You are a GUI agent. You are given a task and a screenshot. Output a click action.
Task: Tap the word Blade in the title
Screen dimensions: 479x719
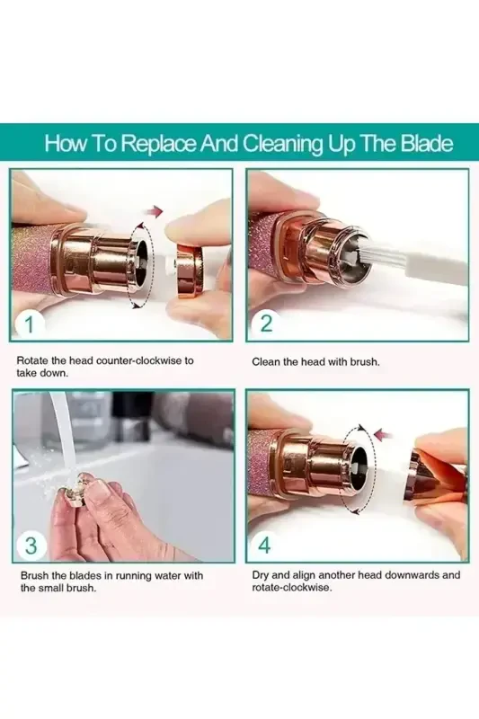click(x=427, y=143)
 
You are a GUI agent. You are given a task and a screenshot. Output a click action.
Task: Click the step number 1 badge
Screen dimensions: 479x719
click(x=30, y=324)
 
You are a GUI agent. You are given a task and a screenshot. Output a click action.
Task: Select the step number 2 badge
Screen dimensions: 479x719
click(x=266, y=324)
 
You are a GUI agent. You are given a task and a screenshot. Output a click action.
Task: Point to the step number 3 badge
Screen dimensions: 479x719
click(x=31, y=546)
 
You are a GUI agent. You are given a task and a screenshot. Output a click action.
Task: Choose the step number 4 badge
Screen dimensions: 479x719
click(x=264, y=546)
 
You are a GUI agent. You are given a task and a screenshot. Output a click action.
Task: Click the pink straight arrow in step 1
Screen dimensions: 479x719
click(x=155, y=211)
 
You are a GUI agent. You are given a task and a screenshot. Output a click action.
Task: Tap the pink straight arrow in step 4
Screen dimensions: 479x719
click(x=383, y=434)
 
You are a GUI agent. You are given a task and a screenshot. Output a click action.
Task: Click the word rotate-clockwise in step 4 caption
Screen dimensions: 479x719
click(x=291, y=588)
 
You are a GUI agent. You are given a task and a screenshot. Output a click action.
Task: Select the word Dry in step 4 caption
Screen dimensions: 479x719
click(x=261, y=575)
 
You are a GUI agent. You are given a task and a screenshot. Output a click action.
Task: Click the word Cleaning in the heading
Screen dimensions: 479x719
click(x=282, y=144)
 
